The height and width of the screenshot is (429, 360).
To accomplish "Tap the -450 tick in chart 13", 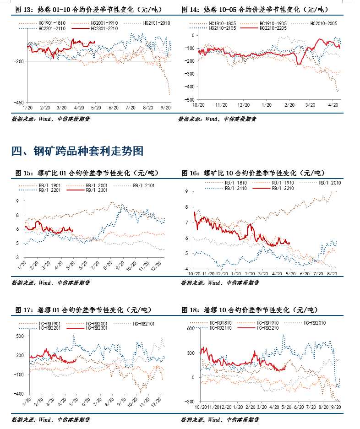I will pos(20,103).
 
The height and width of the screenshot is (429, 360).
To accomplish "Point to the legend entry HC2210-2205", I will pos(273,28).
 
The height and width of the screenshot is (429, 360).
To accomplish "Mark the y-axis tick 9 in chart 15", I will pos(17,201).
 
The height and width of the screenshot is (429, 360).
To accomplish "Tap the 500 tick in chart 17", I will pos(20,336).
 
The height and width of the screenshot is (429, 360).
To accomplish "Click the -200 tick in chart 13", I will pos(20,61).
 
